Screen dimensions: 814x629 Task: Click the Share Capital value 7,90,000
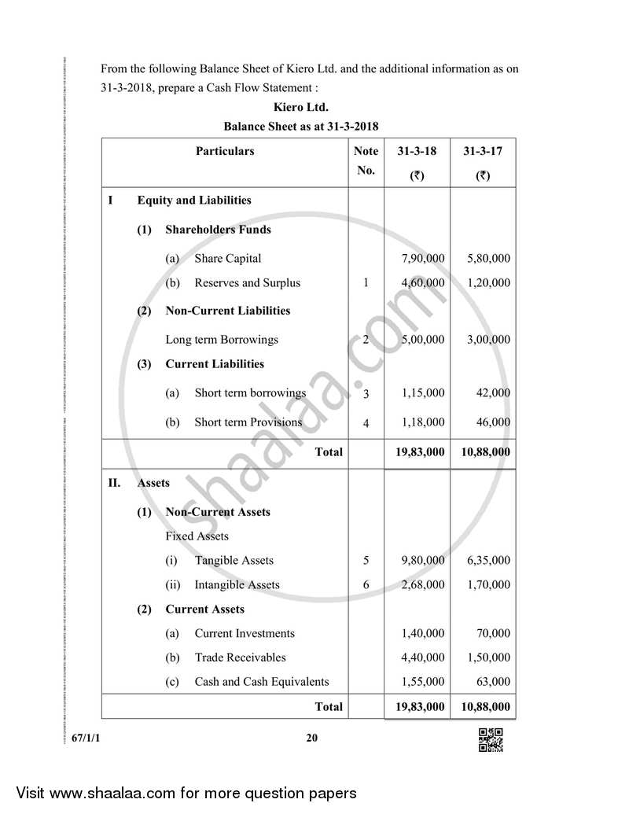(422, 258)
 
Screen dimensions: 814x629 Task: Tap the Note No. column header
(366, 160)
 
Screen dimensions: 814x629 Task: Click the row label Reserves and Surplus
(247, 283)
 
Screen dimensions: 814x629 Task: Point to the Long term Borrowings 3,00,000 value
(488, 340)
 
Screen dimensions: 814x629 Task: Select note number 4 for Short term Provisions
(366, 423)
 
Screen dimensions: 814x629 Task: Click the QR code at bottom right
(491, 740)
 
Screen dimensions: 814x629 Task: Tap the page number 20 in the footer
(312, 738)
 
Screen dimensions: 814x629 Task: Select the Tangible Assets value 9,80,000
(422, 561)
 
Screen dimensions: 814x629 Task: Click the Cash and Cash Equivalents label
(261, 682)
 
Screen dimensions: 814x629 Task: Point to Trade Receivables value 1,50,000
(488, 657)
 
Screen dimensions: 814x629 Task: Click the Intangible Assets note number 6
(366, 585)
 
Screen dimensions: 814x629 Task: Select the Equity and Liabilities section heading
(194, 201)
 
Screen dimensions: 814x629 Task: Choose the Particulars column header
(225, 151)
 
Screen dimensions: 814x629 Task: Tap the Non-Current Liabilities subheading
(227, 311)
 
